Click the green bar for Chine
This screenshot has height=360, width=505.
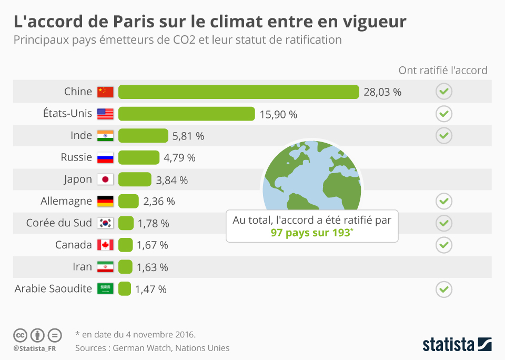point(238,92)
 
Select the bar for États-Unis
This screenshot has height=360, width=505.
point(186,114)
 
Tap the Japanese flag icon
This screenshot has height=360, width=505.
point(105,179)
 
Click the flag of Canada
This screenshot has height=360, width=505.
point(105,245)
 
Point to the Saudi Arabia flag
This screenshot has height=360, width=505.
point(105,288)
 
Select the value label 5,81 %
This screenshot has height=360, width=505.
point(188,136)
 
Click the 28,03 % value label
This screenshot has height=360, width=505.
point(382,92)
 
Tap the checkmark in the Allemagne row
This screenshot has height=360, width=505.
point(444,201)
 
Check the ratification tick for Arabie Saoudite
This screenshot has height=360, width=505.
point(444,289)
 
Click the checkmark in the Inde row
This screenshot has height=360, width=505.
point(444,135)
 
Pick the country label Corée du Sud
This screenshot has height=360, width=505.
point(59,223)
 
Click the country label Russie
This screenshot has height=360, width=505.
point(76,157)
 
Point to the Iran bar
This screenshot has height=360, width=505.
point(125,267)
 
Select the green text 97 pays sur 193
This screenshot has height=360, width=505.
point(310,233)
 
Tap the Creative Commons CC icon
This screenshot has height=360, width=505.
point(20,335)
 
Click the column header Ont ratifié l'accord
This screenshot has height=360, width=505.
point(443,70)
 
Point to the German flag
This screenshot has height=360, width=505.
point(105,201)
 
